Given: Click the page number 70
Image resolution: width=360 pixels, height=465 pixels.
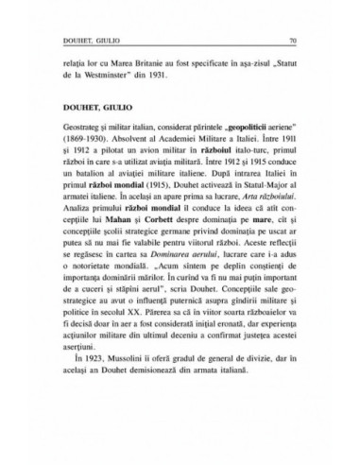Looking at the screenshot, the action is pos(294,41).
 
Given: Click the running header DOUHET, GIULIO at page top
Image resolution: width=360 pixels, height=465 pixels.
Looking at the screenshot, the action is pos(87,41).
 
